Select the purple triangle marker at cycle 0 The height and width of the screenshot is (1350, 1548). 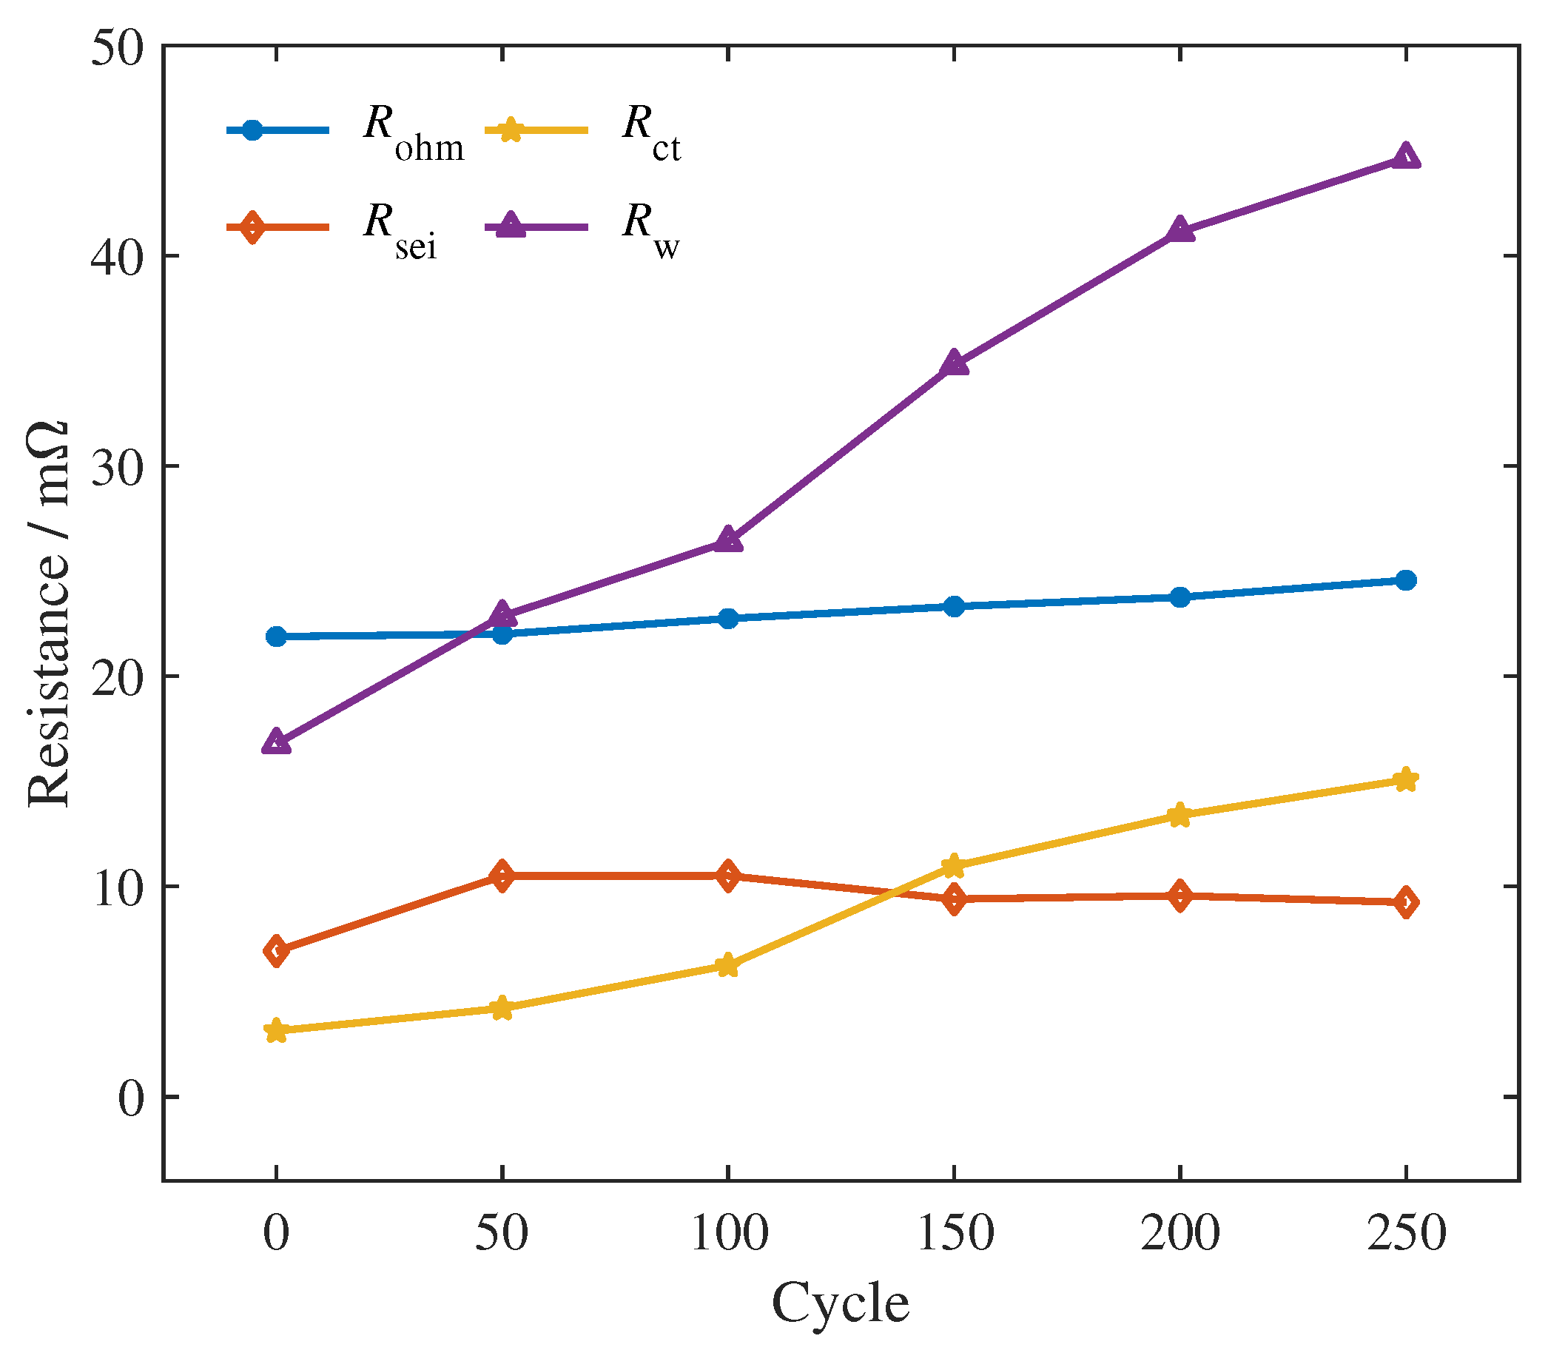(x=277, y=742)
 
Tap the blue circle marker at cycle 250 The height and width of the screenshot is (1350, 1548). (x=1406, y=580)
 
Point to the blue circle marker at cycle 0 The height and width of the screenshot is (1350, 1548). (x=277, y=637)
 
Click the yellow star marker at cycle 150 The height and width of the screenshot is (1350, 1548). (x=955, y=867)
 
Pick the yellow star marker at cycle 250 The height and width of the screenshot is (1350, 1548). (x=1406, y=779)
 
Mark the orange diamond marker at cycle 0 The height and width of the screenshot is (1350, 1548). (x=277, y=952)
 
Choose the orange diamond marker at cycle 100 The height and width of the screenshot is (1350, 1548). (x=727, y=876)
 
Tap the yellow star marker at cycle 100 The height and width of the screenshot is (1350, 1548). (x=727, y=965)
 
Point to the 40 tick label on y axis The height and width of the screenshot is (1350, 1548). (x=117, y=256)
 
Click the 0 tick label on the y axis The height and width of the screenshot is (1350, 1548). (x=130, y=1098)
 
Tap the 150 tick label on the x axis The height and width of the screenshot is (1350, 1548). (x=955, y=1233)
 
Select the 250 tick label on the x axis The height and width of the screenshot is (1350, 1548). (x=1406, y=1233)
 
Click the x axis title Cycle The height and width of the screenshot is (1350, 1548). (x=841, y=1303)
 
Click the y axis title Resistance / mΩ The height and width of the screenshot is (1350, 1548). (x=49, y=614)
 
